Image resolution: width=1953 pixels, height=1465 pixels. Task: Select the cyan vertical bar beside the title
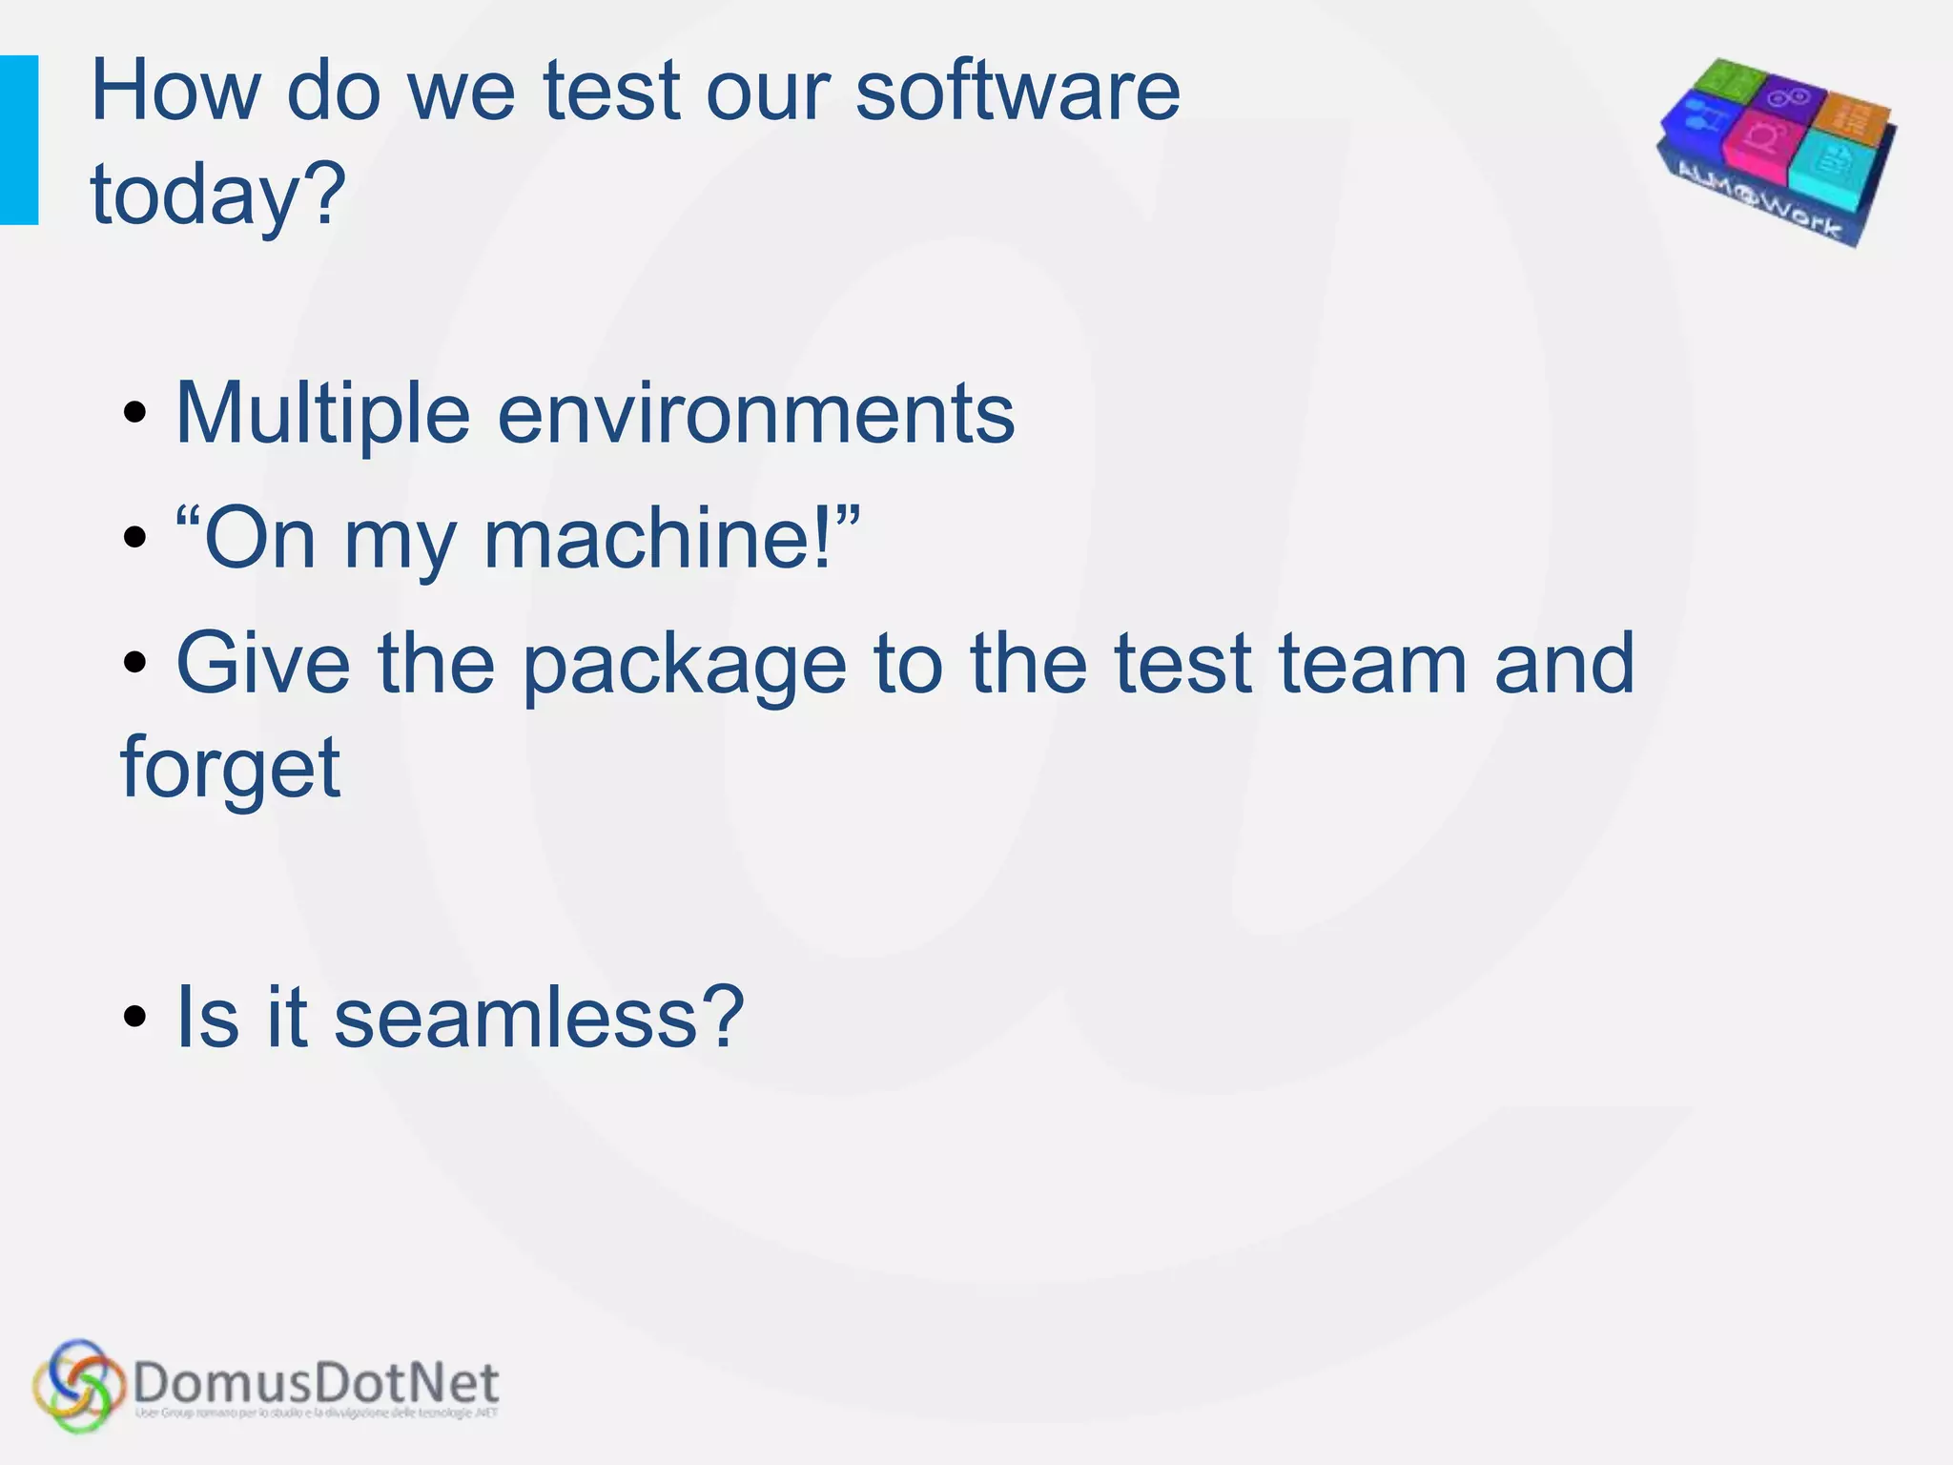19,140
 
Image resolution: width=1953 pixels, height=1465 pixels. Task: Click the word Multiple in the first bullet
322,414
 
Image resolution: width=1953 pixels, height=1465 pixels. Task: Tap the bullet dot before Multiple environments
135,414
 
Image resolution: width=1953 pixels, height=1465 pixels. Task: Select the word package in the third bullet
685,666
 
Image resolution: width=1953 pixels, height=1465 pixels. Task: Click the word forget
230,769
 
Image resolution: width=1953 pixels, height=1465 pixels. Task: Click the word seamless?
538,1018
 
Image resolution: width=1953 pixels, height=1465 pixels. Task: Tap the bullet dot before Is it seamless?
135,1018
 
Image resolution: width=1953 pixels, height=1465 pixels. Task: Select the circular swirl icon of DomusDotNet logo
78,1385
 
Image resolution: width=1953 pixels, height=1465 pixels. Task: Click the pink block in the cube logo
1760,138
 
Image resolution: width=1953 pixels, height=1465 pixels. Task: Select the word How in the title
174,93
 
